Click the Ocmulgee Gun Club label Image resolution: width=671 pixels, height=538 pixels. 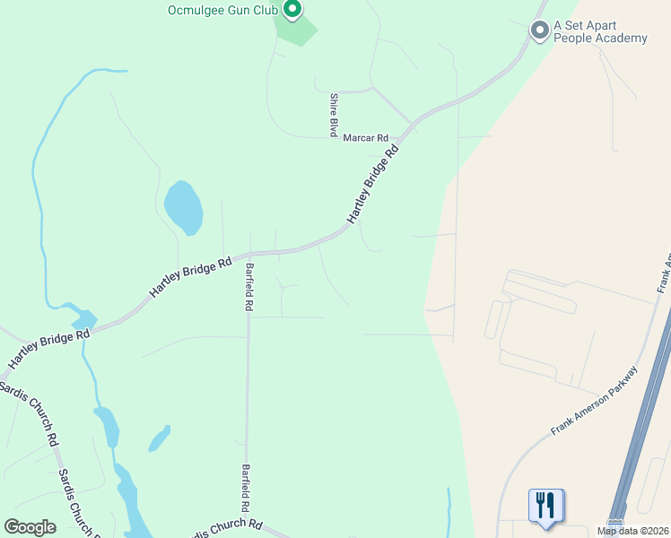click(223, 11)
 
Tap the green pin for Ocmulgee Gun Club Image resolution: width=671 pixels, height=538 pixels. click(292, 10)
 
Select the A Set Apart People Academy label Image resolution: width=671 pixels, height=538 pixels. click(600, 31)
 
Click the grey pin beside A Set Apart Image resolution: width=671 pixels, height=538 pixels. click(539, 30)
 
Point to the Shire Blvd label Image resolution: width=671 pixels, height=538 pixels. click(334, 113)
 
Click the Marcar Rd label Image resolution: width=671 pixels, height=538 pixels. click(365, 138)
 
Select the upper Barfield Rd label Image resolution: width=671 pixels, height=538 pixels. click(248, 286)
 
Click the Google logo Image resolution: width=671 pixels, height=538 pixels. click(30, 527)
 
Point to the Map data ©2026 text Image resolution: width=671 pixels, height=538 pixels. click(632, 531)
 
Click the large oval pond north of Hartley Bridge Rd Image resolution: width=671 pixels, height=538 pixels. click(183, 207)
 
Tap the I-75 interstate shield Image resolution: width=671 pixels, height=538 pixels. click(615, 523)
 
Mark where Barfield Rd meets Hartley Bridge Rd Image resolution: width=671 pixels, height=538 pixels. click(248, 254)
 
